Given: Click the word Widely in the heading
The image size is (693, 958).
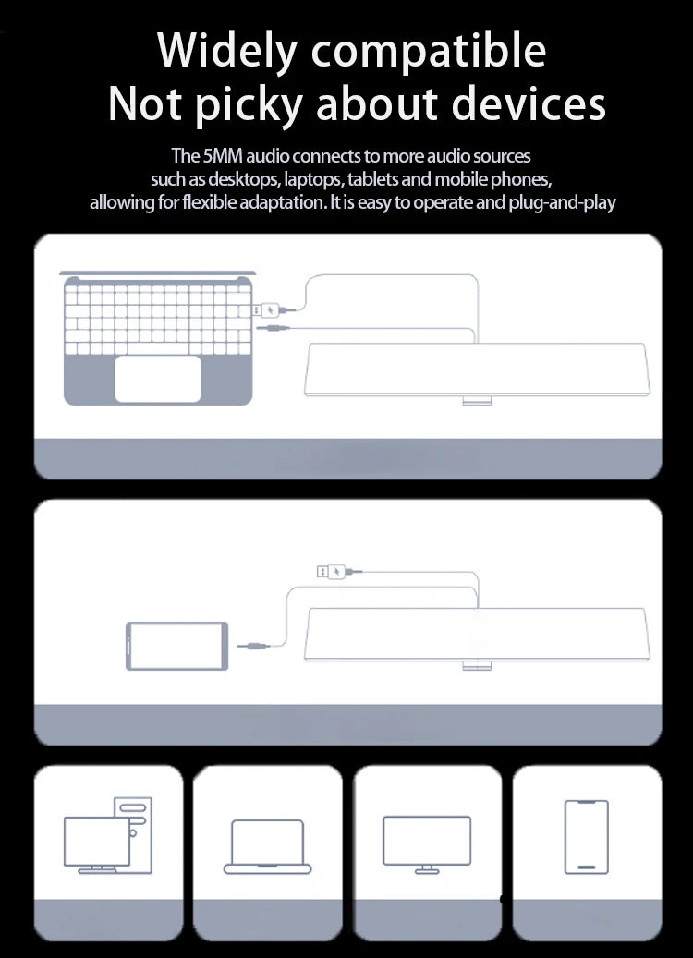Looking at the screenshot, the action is (226, 51).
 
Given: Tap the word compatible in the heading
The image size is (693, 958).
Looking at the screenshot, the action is (429, 51).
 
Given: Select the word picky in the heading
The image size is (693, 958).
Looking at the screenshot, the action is (249, 104).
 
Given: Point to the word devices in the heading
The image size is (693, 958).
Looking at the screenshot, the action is (529, 103).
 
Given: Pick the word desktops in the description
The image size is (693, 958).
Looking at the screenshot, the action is (244, 179).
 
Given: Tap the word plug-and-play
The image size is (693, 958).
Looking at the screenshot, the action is (562, 203).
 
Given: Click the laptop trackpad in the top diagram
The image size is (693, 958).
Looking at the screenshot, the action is (158, 379).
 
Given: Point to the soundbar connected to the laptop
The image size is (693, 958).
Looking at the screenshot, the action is (478, 370).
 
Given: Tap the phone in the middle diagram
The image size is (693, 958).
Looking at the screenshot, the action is (176, 646).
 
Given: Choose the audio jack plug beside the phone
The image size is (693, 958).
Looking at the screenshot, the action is (253, 646).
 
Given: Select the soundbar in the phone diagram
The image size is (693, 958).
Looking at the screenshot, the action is (478, 636).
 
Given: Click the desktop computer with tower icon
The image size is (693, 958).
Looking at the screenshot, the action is (108, 834).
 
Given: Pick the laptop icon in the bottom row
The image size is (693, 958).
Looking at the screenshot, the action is (268, 847).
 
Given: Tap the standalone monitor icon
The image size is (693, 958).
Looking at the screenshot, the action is (427, 844).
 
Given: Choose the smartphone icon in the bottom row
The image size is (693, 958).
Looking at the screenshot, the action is (586, 836).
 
